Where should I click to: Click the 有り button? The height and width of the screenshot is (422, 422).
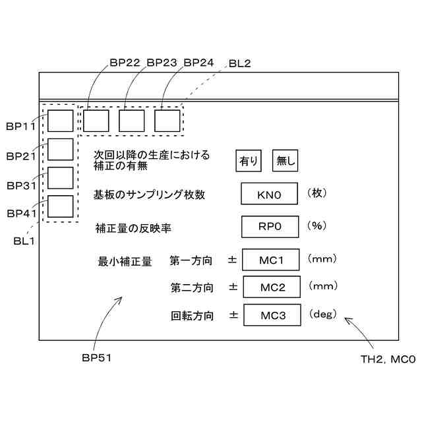click(249, 160)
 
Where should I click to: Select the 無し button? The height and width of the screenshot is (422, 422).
click(286, 160)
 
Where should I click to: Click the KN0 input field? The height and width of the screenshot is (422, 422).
click(270, 195)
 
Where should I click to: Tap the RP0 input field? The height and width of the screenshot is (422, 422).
click(270, 226)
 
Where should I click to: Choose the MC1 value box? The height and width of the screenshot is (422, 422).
click(272, 260)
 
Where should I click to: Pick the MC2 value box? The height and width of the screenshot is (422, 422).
click(272, 287)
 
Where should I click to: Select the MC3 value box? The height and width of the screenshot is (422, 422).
click(272, 315)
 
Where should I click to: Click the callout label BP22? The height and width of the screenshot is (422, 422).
click(125, 63)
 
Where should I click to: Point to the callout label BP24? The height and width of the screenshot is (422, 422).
click(198, 63)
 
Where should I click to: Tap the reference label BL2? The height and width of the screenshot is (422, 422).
click(239, 63)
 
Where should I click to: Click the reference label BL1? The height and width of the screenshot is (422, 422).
click(24, 241)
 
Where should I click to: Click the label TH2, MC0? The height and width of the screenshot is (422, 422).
click(387, 359)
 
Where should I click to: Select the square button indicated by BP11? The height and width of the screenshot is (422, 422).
click(61, 121)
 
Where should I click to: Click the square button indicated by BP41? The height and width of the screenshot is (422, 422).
click(61, 207)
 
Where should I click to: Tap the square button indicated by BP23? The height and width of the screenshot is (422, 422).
click(131, 120)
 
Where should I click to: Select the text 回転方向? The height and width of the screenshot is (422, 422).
click(193, 316)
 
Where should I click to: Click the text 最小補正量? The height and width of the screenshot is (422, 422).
click(125, 261)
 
